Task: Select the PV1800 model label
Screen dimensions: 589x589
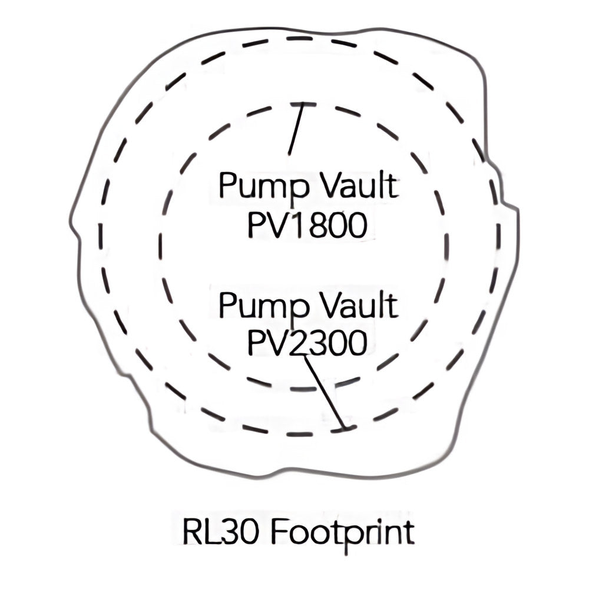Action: [307, 226]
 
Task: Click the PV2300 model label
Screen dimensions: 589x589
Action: [307, 343]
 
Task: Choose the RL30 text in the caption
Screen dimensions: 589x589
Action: [220, 531]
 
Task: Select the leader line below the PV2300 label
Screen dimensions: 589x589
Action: [324, 391]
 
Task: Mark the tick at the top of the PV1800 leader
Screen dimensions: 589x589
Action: [303, 104]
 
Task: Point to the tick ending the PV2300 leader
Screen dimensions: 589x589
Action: [345, 428]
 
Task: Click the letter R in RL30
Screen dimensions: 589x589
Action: [193, 531]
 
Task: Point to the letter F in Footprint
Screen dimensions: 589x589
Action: [279, 531]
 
